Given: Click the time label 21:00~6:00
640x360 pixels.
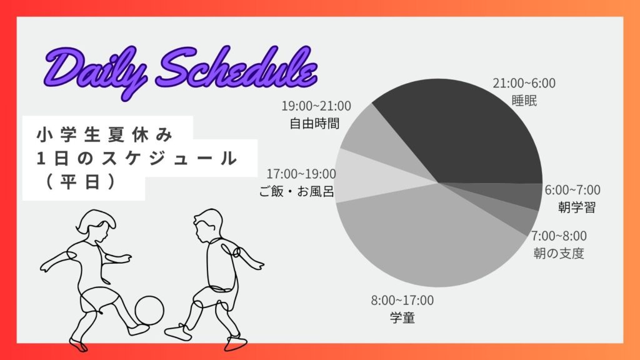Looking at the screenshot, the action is click(x=524, y=83).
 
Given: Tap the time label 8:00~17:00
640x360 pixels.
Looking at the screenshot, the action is click(x=402, y=301).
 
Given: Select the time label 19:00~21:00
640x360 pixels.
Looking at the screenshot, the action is click(x=316, y=106).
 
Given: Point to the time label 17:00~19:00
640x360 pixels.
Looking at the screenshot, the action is click(x=301, y=174).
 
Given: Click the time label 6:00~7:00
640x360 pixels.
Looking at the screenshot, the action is click(x=572, y=190).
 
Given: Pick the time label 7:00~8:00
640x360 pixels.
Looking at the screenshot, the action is click(x=558, y=236).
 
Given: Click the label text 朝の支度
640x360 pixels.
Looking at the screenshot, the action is click(x=558, y=254).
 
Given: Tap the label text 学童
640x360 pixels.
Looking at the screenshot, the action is click(x=402, y=318).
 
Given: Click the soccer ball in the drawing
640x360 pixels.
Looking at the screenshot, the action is click(x=149, y=311).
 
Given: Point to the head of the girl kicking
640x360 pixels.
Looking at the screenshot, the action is click(x=95, y=224).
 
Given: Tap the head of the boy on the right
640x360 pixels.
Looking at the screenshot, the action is click(x=208, y=225).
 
